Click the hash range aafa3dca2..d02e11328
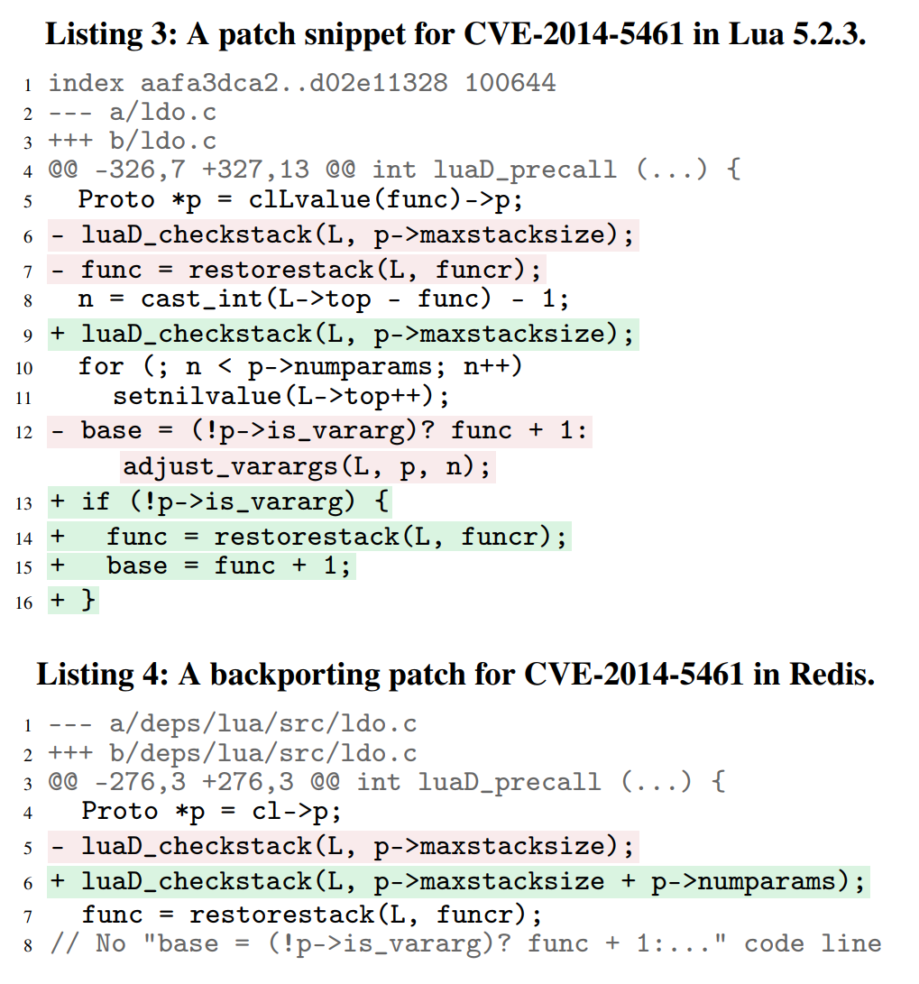point(293,84)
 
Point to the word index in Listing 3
point(86,84)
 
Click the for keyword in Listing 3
point(101,366)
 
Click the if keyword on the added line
point(95,501)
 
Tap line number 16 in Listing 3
point(24,602)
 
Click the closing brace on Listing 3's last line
point(88,601)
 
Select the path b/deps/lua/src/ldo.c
point(262,753)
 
